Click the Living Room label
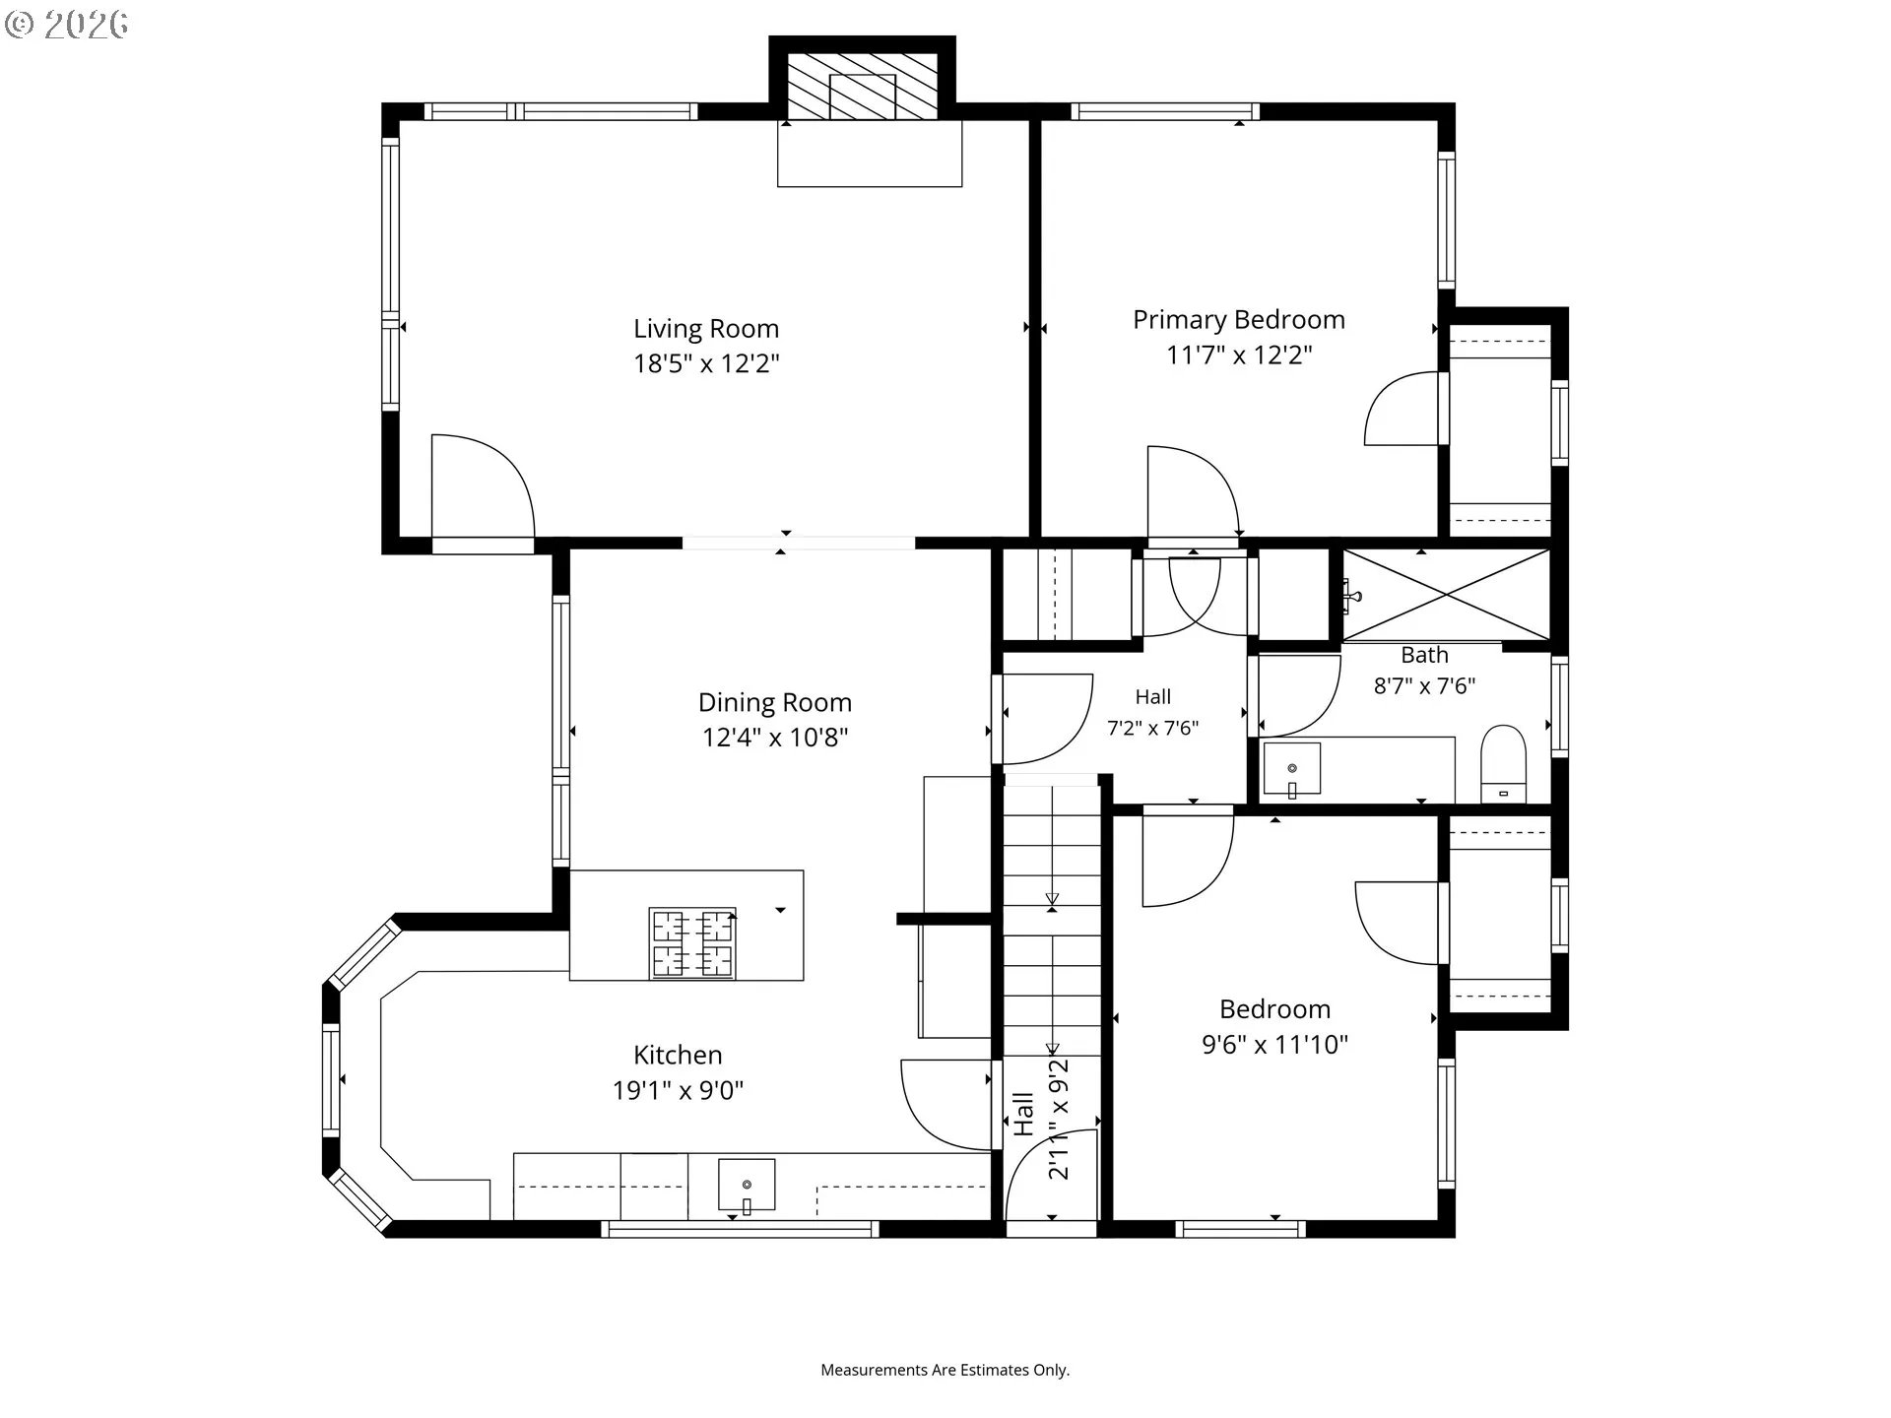705,329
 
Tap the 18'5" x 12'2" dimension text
705,363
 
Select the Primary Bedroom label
1238,320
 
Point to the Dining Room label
774,702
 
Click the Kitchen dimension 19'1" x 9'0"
678,1090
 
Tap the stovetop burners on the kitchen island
692,942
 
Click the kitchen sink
746,1185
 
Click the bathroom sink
1291,769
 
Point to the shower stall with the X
1446,595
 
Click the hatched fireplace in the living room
862,86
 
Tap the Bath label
1424,655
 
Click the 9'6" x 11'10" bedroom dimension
1274,1044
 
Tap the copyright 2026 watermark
67,25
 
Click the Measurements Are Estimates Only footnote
945,1370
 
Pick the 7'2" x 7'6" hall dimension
1152,729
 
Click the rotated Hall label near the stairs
1024,1114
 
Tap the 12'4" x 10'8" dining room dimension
774,738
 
